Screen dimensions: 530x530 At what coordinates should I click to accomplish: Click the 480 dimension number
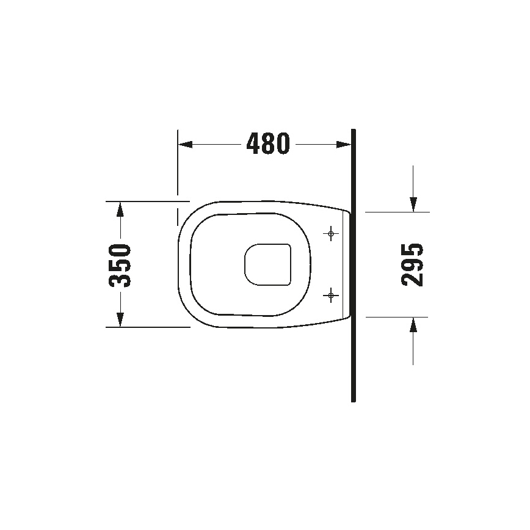point(268,144)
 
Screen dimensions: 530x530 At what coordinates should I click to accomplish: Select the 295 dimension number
point(413,264)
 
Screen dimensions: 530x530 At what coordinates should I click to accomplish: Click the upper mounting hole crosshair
point(331,233)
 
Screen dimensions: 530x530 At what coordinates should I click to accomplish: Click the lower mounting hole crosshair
point(331,296)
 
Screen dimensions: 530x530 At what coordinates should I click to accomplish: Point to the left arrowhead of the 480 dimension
point(184,145)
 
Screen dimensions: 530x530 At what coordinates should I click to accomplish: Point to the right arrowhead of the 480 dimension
point(344,145)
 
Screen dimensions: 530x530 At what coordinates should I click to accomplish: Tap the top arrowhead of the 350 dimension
point(120,209)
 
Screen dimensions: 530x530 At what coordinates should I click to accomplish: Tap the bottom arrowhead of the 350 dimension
point(120,319)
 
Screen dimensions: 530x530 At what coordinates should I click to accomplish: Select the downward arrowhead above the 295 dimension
point(413,204)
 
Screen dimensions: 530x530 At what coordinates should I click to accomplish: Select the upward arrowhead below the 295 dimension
point(413,325)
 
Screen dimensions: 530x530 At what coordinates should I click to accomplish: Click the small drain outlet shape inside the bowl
point(267,264)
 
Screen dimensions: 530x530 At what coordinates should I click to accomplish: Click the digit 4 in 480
point(254,144)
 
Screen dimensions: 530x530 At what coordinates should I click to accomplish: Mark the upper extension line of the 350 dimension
point(147,201)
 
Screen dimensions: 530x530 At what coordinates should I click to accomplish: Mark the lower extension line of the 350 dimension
point(147,327)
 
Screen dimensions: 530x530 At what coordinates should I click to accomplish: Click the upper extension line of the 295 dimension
point(397,212)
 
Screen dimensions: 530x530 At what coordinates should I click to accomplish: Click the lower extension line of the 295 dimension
point(397,317)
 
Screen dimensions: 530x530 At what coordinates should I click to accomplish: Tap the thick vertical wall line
point(354,366)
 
